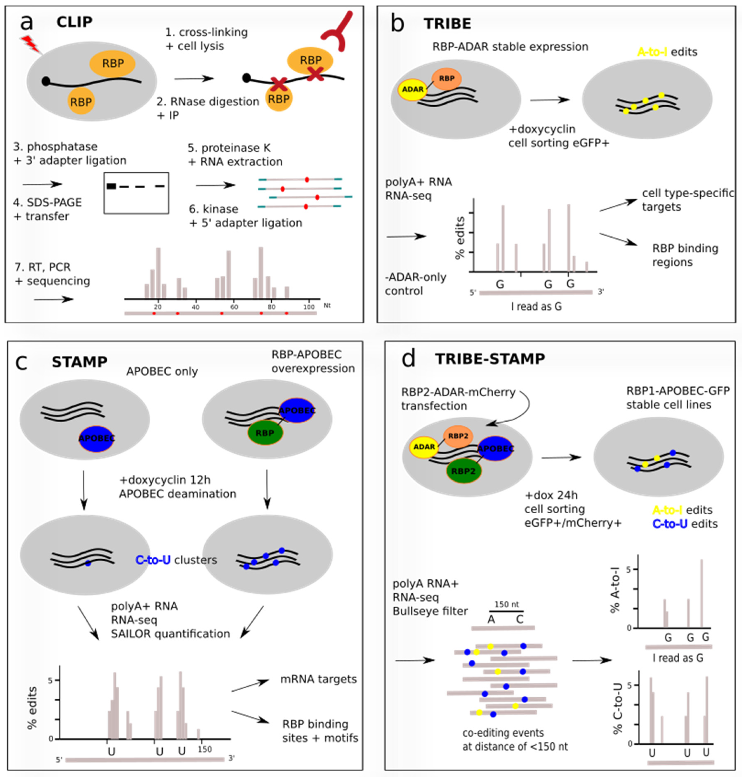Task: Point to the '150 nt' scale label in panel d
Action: tap(507, 605)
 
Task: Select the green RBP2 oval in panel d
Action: tap(463, 471)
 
